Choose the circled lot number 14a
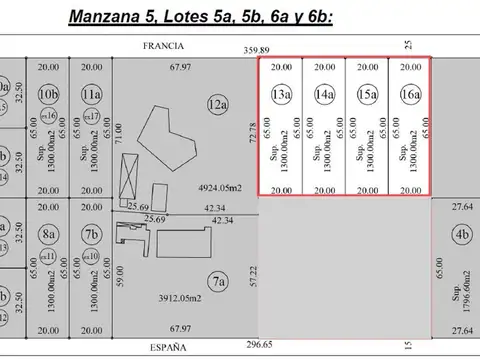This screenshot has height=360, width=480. coord(324,94)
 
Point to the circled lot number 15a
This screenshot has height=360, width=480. coord(367,94)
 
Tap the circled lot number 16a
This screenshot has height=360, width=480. coord(410,94)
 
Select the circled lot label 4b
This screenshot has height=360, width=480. coord(460,236)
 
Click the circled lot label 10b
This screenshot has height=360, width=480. coord(47,94)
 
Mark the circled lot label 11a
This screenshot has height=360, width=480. coord(91,94)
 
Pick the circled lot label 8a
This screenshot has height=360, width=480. coord(47,235)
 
